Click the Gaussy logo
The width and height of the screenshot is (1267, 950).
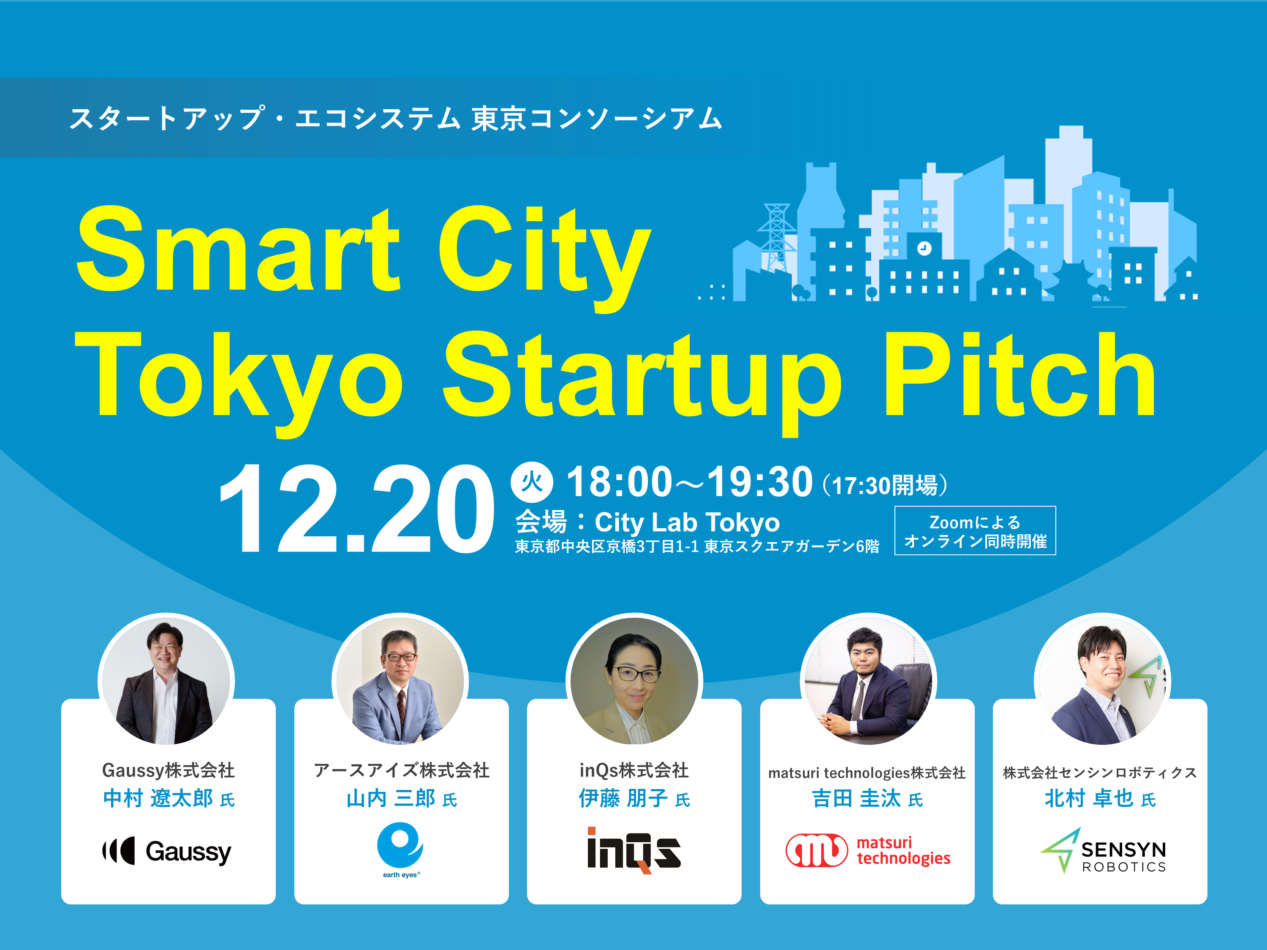click(167, 852)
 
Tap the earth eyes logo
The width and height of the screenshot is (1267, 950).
click(400, 848)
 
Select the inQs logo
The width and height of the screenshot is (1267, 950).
click(633, 850)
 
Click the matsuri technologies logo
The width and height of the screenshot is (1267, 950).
click(867, 850)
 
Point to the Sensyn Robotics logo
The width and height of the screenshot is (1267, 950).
click(1103, 851)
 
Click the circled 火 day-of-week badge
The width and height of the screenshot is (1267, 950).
click(532, 482)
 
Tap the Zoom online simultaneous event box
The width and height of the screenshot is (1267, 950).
click(975, 531)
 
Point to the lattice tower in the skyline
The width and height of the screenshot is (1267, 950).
click(776, 238)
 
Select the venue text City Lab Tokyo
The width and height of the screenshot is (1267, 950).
click(687, 522)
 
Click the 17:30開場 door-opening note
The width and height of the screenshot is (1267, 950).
click(884, 486)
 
